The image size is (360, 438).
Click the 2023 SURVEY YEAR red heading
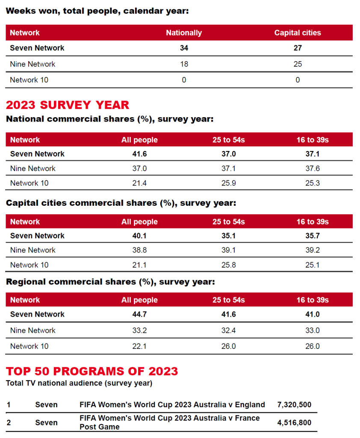click(x=68, y=105)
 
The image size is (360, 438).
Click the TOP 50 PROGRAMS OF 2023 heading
click(x=92, y=371)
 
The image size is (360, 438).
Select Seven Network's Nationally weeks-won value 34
click(x=184, y=48)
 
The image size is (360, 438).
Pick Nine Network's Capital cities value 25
click(x=298, y=64)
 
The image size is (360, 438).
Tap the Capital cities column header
click(x=298, y=33)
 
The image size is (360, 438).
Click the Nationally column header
click(x=184, y=33)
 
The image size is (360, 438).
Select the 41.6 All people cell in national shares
click(x=139, y=154)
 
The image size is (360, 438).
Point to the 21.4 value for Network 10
click(x=139, y=183)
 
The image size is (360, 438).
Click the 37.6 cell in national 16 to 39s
click(x=313, y=169)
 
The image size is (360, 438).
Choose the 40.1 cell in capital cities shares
click(x=139, y=236)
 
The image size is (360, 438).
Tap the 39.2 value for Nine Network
click(x=313, y=250)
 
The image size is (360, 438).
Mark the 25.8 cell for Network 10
click(x=228, y=265)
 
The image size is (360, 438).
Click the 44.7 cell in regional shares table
click(x=139, y=314)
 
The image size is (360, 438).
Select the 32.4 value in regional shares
click(x=228, y=330)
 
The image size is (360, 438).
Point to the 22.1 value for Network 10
click(x=139, y=346)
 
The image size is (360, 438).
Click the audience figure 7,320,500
click(x=294, y=405)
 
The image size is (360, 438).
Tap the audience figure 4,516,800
click(x=294, y=423)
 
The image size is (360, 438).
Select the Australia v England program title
click(x=172, y=405)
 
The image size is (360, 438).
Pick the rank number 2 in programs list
click(x=9, y=423)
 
